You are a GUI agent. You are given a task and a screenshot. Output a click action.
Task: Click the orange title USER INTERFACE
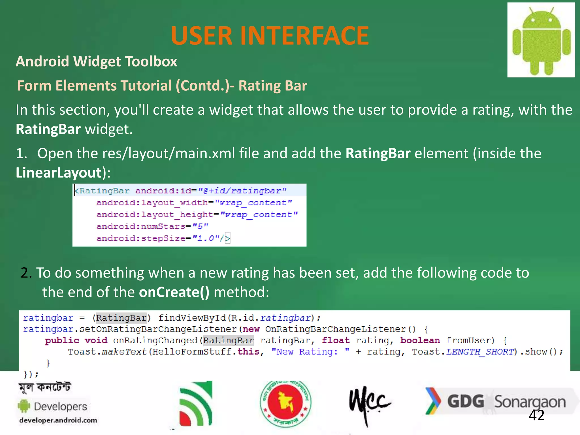tap(270, 36)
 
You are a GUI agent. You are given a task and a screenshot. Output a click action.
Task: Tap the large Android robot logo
tap(541, 40)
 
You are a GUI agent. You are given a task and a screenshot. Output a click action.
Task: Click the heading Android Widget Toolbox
tap(96, 61)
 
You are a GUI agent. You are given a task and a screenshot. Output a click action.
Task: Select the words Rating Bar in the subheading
tap(272, 86)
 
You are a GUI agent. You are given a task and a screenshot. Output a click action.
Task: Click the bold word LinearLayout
tap(59, 172)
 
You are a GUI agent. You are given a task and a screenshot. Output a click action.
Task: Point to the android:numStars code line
tap(152, 226)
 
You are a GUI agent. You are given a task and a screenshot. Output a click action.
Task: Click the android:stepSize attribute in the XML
tap(141, 238)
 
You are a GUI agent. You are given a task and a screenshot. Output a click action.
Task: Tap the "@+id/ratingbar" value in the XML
tap(242, 191)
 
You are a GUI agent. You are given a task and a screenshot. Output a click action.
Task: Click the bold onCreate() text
tap(174, 292)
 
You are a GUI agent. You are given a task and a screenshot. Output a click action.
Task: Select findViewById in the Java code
tap(192, 318)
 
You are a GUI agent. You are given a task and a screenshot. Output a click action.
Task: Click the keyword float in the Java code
tap(336, 340)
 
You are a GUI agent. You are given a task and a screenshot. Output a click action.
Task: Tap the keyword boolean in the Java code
tap(420, 340)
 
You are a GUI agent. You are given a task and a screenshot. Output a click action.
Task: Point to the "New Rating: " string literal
tap(310, 352)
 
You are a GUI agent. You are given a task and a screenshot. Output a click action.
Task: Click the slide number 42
tap(536, 415)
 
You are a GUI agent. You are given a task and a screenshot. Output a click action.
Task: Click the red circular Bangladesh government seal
tap(285, 403)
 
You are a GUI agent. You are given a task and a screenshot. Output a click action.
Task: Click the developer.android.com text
tap(58, 420)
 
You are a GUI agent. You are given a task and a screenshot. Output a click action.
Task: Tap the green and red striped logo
tap(196, 404)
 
